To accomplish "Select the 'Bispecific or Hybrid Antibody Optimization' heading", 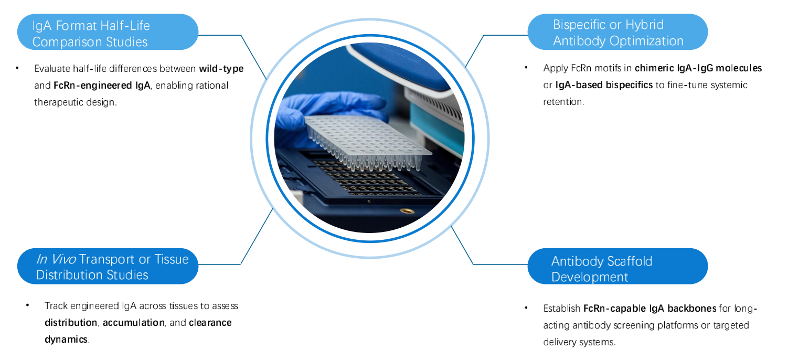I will click(617, 33).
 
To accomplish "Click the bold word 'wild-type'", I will click(221, 68).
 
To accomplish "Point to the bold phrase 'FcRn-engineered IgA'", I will click(102, 85).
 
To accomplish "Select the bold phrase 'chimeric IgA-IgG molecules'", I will click(698, 68).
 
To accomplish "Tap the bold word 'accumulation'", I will click(133, 322).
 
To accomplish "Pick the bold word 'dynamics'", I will click(66, 339).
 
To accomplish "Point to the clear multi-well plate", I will click(367, 139).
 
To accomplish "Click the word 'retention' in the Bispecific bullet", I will click(563, 102).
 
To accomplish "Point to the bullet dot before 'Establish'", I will click(526, 308).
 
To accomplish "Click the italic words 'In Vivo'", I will click(56, 259).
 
